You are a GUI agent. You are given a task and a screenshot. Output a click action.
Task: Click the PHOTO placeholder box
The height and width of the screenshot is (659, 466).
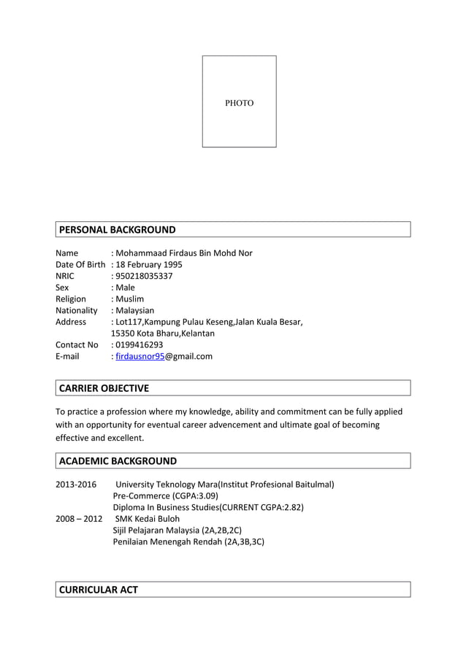239,102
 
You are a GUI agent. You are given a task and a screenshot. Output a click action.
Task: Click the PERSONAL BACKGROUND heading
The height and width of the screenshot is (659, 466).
117,230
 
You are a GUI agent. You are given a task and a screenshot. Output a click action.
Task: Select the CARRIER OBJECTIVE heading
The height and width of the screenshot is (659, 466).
104,388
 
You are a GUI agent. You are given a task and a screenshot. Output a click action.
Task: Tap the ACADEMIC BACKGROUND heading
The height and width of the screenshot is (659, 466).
118,461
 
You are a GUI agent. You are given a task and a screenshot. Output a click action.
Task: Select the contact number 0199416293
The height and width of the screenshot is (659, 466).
139,344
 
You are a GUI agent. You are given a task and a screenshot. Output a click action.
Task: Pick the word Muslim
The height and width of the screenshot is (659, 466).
129,298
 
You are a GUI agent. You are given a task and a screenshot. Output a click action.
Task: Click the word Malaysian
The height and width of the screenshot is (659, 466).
134,310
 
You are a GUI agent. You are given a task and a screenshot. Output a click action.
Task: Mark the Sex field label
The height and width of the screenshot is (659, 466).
62,288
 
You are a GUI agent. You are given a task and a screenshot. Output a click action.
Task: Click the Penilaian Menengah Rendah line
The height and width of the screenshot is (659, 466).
188,542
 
